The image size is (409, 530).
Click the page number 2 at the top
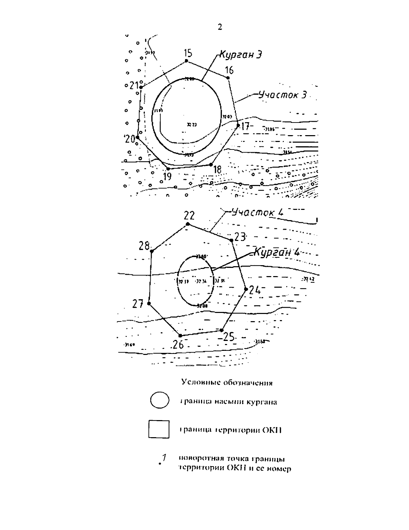point(220,27)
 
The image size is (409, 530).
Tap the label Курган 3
point(241,55)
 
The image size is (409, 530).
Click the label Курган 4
point(277,253)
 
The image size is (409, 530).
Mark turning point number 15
point(187,53)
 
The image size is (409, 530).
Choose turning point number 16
point(229,71)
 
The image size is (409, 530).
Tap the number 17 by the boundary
point(245,127)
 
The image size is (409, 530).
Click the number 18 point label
point(217,170)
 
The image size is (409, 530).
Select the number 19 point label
point(167,176)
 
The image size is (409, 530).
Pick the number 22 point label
point(189,216)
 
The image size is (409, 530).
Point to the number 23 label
point(240,237)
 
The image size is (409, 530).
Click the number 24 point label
point(255,290)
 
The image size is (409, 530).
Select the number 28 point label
point(144,245)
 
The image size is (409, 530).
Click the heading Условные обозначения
point(227,383)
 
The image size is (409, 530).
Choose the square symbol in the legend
point(159,429)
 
